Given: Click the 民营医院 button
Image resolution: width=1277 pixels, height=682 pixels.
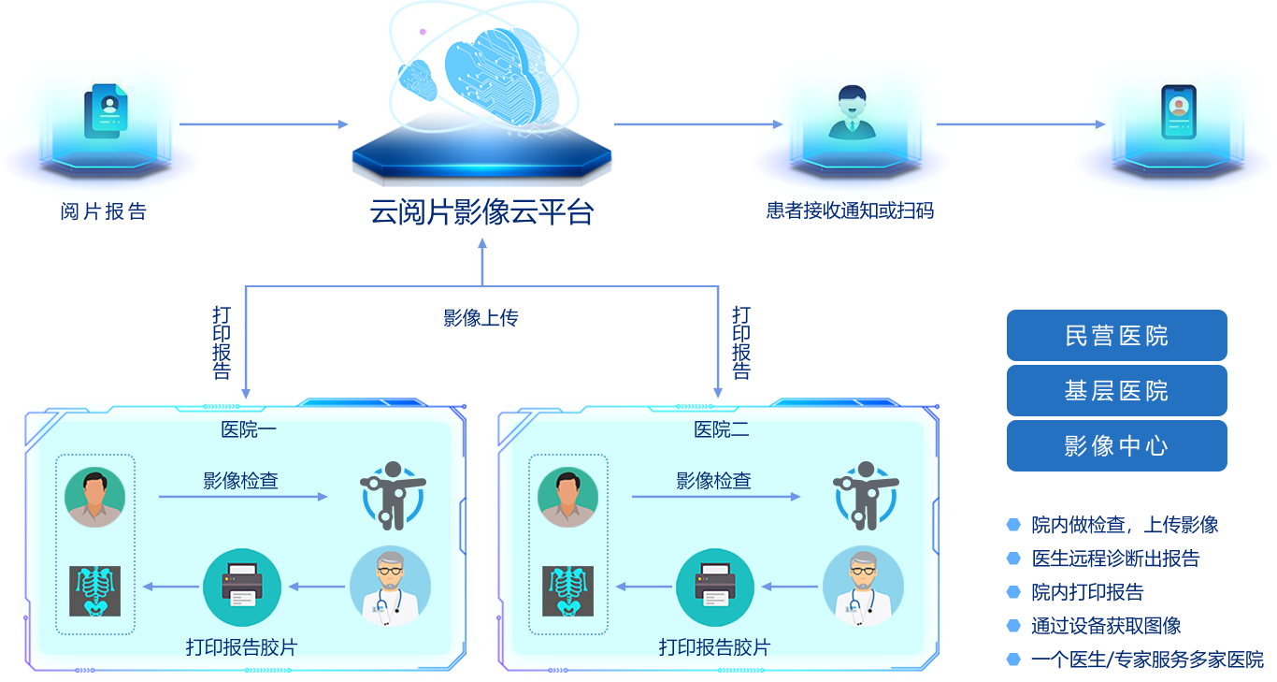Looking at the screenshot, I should [1116, 336].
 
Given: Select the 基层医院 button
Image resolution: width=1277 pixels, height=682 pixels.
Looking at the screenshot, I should [1116, 391].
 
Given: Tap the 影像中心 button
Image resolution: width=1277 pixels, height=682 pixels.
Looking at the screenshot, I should [1116, 446].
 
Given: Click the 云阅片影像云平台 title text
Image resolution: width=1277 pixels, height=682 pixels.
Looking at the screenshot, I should [481, 212].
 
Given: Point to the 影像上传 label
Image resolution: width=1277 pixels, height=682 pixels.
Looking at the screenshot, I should [481, 318].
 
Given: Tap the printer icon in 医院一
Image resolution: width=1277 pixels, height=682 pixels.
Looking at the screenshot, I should [242, 587].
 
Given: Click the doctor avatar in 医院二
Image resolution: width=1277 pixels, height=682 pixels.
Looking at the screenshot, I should [863, 586].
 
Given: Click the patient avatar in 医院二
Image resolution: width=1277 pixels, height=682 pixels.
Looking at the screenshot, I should [568, 497].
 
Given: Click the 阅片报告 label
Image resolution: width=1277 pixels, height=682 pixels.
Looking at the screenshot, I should [104, 211].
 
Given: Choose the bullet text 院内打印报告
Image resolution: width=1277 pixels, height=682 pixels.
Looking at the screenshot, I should [1087, 592].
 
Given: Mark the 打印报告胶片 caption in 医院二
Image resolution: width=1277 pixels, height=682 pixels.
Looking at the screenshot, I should [714, 647].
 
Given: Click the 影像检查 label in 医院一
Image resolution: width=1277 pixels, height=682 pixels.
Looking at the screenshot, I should [241, 481].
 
